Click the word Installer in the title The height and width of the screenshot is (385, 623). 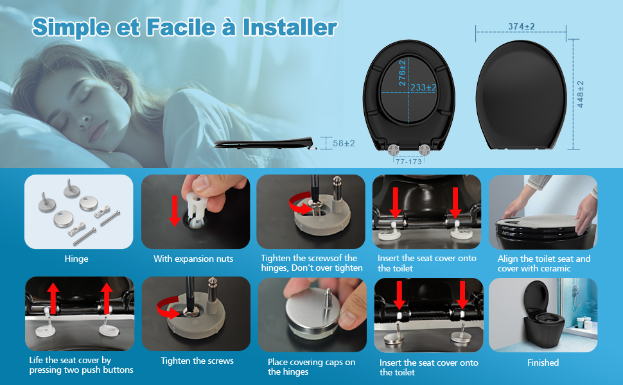click(290, 28)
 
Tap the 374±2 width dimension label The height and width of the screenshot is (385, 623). click(522, 26)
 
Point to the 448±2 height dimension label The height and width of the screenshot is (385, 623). click(581, 94)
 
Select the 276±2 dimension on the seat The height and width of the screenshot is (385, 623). click(402, 73)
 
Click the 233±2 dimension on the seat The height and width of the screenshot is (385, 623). click(423, 87)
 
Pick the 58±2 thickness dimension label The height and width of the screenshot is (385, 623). click(344, 143)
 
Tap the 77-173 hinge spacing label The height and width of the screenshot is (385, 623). click(408, 162)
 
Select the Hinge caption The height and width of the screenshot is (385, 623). click(76, 259)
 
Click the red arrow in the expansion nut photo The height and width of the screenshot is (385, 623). click(175, 210)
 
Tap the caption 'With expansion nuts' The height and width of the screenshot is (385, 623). click(193, 259)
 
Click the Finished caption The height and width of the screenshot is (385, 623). click(543, 363)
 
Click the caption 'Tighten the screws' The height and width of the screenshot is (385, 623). click(197, 361)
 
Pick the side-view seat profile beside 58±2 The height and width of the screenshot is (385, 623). click(264, 143)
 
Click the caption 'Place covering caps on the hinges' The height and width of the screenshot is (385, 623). click(311, 367)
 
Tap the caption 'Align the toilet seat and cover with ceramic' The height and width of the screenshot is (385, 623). click(544, 264)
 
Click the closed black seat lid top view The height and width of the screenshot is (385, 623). click(522, 95)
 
